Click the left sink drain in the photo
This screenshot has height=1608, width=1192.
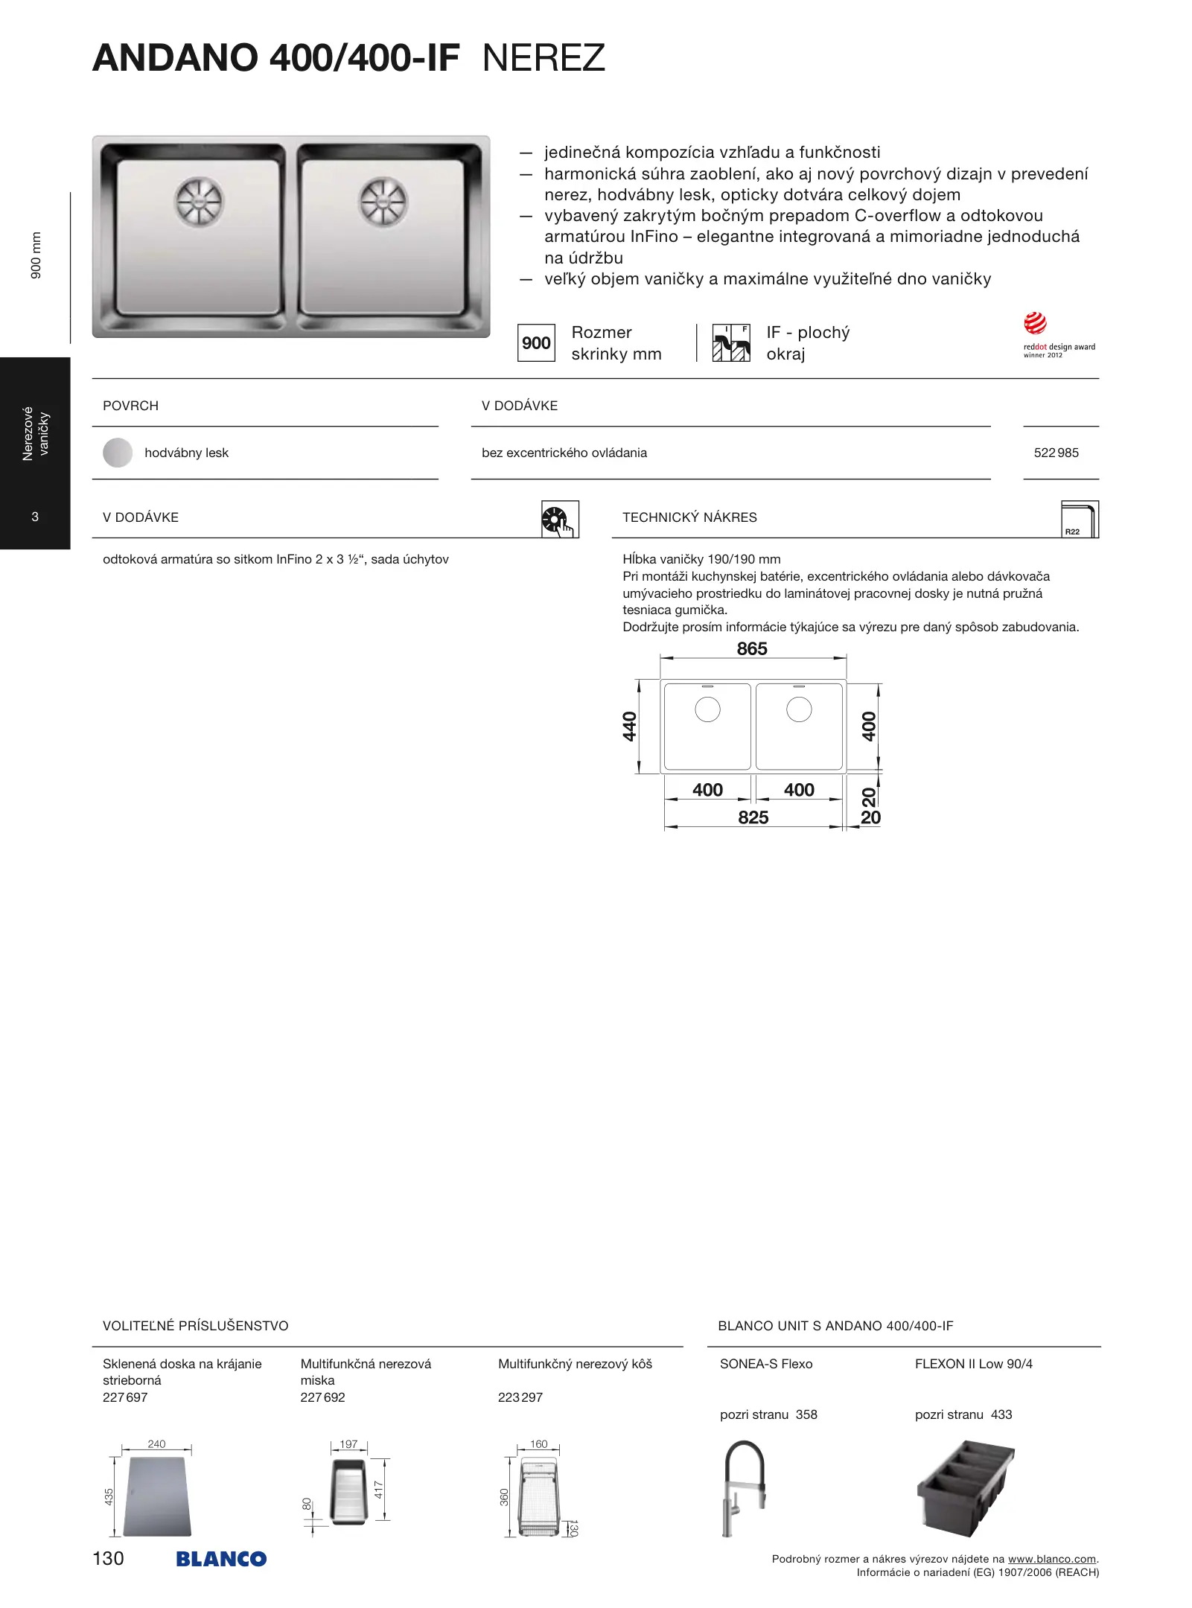(x=199, y=202)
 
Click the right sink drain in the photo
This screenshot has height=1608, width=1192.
(x=383, y=202)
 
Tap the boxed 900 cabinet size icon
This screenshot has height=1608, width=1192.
(x=536, y=343)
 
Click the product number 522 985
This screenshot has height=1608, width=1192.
(x=1056, y=453)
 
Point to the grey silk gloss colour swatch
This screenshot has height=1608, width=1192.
(x=118, y=453)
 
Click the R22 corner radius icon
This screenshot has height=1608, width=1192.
(x=1079, y=519)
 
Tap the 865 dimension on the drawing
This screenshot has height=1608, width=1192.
(x=752, y=649)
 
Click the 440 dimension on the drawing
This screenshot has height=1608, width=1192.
(x=630, y=727)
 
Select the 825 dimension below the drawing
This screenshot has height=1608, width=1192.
(x=753, y=817)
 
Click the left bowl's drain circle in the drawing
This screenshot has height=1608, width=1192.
(x=707, y=709)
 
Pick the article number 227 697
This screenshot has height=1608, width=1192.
(x=125, y=1397)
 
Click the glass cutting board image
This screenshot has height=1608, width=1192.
(x=158, y=1496)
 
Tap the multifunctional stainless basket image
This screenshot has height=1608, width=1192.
(x=538, y=1499)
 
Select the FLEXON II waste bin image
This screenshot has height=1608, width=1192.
(x=965, y=1487)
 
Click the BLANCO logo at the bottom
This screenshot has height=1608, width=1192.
(x=221, y=1559)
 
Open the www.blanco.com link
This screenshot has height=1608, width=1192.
(x=1051, y=1559)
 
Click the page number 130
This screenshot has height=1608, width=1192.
(x=108, y=1558)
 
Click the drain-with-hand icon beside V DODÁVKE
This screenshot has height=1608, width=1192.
(x=559, y=520)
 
